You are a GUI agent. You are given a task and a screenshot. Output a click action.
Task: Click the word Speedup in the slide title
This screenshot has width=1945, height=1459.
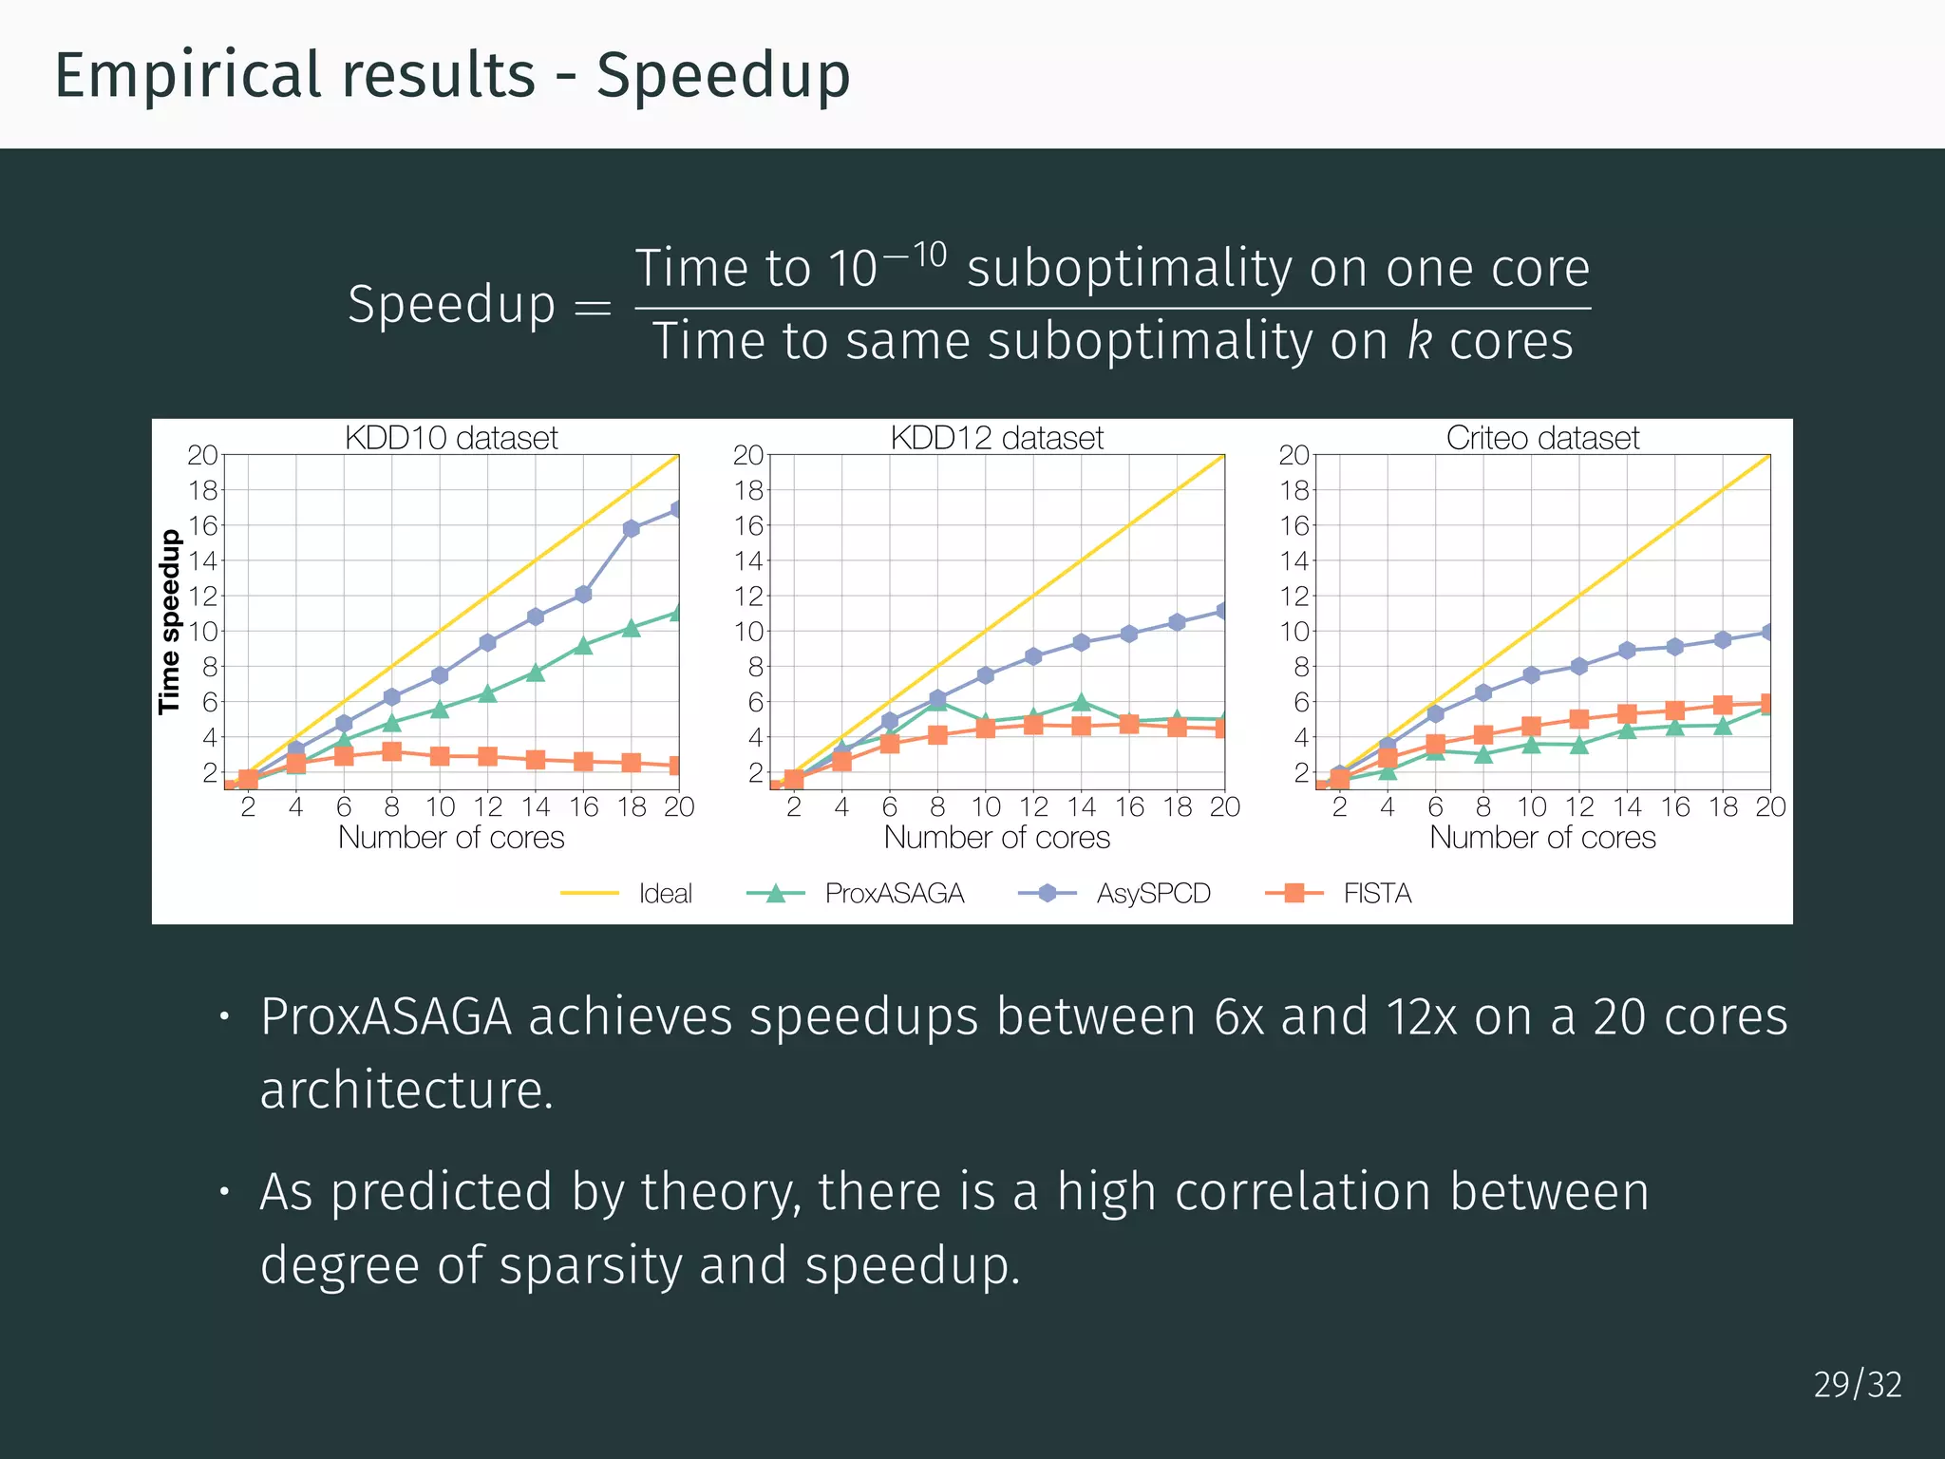click(x=723, y=76)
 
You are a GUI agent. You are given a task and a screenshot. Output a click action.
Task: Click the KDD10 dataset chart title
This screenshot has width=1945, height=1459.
click(x=451, y=438)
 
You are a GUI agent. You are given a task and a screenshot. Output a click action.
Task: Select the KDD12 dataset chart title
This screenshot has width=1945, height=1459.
click(x=996, y=438)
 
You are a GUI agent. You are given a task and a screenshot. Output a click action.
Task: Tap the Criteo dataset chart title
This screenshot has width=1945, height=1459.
click(x=1542, y=438)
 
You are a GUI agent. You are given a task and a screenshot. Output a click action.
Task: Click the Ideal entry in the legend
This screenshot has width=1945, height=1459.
click(x=664, y=894)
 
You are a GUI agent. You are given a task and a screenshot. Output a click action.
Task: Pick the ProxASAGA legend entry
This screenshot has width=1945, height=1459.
click(x=894, y=894)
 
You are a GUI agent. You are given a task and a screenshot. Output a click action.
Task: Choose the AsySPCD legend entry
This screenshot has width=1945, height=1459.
click(x=1153, y=894)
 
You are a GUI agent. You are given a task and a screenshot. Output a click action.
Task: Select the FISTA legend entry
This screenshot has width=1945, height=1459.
click(x=1377, y=894)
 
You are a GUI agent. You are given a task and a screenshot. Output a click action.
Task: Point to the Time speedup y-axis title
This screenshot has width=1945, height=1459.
click(x=169, y=622)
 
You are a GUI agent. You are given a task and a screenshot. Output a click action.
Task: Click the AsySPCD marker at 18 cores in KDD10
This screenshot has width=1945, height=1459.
click(x=632, y=529)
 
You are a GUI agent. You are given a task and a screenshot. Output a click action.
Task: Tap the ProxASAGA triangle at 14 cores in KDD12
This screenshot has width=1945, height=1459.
click(x=1081, y=703)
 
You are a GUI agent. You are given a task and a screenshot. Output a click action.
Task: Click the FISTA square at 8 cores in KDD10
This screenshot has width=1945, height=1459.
click(x=391, y=751)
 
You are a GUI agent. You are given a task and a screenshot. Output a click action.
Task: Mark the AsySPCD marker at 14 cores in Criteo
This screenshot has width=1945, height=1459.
click(x=1627, y=651)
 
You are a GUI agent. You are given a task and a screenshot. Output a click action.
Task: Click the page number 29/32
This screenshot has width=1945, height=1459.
click(x=1857, y=1385)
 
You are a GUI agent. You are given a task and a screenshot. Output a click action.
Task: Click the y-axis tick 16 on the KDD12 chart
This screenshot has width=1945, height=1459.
click(x=748, y=525)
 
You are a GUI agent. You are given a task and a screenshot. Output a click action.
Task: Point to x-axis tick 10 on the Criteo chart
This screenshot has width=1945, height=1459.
click(x=1531, y=807)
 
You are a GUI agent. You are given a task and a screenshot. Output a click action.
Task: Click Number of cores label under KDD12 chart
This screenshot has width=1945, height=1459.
click(x=996, y=838)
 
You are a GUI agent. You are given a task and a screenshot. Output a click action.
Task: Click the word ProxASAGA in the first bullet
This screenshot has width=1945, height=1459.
click(x=386, y=1017)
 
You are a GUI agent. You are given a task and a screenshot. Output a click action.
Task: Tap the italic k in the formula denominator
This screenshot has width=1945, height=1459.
click(x=1419, y=341)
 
